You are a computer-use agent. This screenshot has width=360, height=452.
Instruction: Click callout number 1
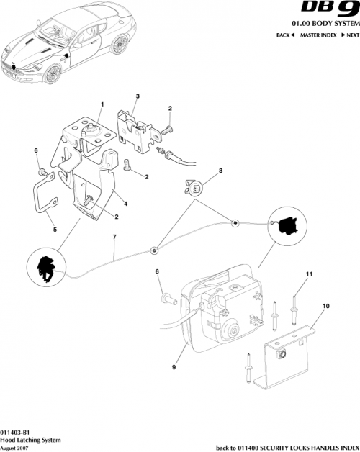[102, 104]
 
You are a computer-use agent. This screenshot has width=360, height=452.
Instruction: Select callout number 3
[138, 96]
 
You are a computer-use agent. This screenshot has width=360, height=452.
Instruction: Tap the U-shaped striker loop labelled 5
[44, 197]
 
